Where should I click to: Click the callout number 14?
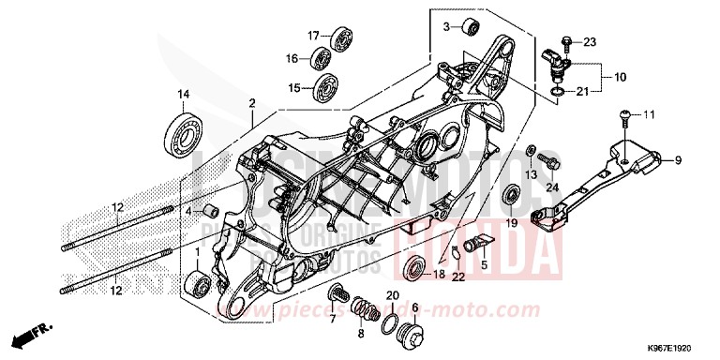pos(184,93)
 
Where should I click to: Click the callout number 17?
pos(315,36)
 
